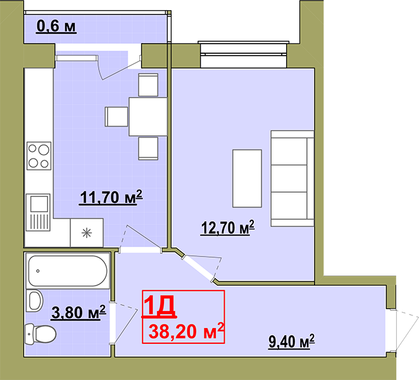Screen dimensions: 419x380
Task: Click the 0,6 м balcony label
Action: pyautogui.click(x=56, y=27)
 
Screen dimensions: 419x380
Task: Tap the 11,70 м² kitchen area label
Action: pyautogui.click(x=111, y=198)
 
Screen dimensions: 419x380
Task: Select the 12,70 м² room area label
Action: pyautogui.click(x=227, y=228)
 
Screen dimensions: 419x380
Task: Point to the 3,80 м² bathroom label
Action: pyautogui.click(x=78, y=312)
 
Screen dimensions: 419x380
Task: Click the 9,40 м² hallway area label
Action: pyautogui.click(x=292, y=341)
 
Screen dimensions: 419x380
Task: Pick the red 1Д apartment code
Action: pyautogui.click(x=159, y=306)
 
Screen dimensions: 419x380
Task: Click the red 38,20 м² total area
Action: pyautogui.click(x=186, y=331)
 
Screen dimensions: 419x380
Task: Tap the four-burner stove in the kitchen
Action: pyautogui.click(x=39, y=156)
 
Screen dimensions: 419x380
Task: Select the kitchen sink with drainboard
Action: pyautogui.click(x=38, y=212)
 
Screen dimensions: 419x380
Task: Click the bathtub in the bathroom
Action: pyautogui.click(x=68, y=271)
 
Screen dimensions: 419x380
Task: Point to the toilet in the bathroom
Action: pyautogui.click(x=40, y=334)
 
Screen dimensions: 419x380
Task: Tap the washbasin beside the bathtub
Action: pyautogui.click(x=35, y=301)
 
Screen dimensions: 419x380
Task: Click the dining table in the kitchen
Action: pyautogui.click(x=148, y=117)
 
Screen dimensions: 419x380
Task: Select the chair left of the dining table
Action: pyautogui.click(x=116, y=117)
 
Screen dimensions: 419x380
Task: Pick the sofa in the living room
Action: pyautogui.click(x=292, y=179)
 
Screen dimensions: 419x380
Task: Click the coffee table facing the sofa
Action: pyautogui.click(x=247, y=179)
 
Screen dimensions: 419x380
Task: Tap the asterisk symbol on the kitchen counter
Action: pyautogui.click(x=87, y=233)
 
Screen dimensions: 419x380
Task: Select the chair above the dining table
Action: pyautogui.click(x=148, y=85)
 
